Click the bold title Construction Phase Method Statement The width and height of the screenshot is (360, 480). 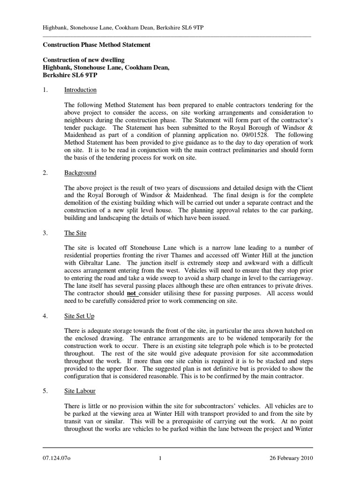pos(97,45)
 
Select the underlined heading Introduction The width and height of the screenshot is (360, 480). pos(80,90)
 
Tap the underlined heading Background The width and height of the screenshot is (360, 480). pos(80,172)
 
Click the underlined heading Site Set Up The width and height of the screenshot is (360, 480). pos(79,316)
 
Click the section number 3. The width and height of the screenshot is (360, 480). pos(45,233)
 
